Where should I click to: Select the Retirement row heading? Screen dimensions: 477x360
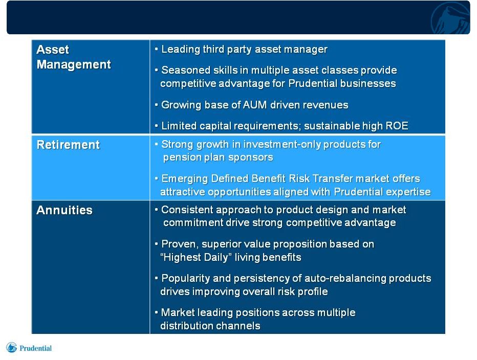coord(68,145)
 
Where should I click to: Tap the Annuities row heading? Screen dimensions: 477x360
coord(64,210)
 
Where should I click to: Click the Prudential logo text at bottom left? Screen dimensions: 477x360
coord(36,348)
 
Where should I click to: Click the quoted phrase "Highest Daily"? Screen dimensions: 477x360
coord(196,258)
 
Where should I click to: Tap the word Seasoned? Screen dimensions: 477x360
coord(186,70)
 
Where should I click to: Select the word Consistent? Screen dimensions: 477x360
coord(187,210)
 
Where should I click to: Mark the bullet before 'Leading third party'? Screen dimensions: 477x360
coord(157,49)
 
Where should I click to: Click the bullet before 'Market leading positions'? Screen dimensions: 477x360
coord(157,312)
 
